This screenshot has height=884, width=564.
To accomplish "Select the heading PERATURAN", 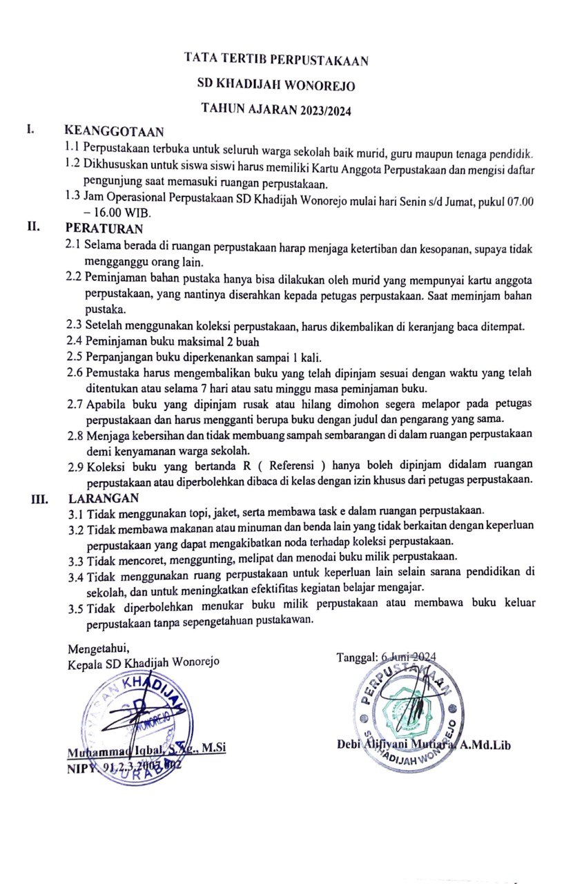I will coord(104,227).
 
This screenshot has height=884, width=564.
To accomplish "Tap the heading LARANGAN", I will coord(104,497).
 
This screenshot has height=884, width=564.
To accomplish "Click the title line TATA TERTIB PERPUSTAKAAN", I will coord(276,60).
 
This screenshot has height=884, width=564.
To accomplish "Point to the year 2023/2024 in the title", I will coord(326,110).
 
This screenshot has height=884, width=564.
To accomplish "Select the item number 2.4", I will coord(74,340).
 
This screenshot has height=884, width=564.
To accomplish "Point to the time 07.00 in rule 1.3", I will coord(518,200).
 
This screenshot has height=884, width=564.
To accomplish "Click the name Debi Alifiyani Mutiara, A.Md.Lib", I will coord(423,744).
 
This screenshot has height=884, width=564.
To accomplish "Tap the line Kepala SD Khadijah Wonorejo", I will coord(144,663).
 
